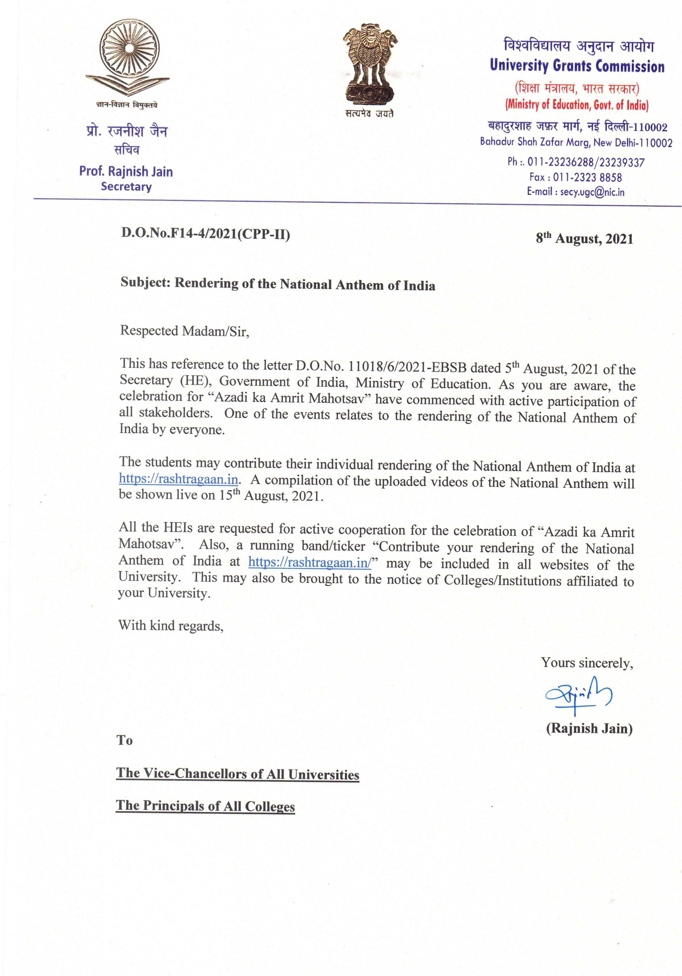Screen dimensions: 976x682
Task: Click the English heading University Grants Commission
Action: click(x=577, y=66)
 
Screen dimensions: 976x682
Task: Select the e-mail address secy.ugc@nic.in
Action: click(x=592, y=192)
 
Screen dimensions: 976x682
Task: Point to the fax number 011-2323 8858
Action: click(x=587, y=177)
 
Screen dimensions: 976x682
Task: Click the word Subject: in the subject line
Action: click(x=145, y=283)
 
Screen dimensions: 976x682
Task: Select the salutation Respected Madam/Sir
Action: click(x=184, y=331)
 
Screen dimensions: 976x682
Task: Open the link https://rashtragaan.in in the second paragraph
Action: click(x=178, y=479)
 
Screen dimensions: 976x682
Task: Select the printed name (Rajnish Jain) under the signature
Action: click(x=589, y=729)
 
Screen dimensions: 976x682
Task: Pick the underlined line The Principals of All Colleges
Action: click(x=205, y=806)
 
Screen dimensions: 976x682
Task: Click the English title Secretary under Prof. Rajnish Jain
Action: click(x=126, y=187)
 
